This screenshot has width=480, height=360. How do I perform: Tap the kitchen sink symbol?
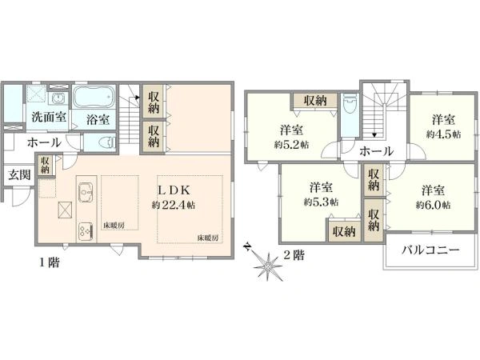coord(86,193)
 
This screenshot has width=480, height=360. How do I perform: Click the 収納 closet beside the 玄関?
coord(46,165)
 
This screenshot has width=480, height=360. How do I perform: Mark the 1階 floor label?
coord(46,261)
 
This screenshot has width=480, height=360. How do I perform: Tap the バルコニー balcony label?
coord(430,251)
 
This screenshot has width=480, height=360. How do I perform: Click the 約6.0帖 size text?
coord(433,205)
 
